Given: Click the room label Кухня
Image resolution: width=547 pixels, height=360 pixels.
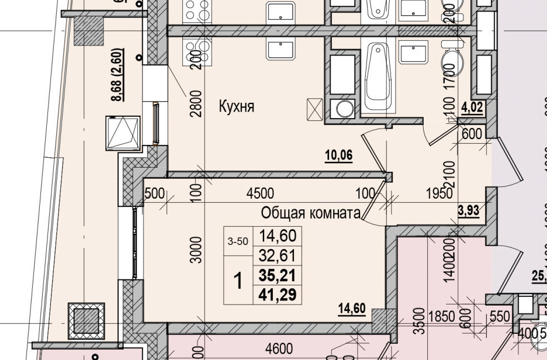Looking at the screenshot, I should (237, 106).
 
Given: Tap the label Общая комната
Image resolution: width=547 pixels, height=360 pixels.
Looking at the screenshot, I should (310, 213).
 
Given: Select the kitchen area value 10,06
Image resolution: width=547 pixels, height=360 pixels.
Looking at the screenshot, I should (339, 155).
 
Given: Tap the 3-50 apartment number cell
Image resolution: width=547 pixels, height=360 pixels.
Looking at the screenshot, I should (237, 240).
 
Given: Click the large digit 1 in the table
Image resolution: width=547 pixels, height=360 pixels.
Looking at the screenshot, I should (238, 282).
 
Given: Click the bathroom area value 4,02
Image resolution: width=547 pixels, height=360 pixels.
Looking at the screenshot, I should (473, 107).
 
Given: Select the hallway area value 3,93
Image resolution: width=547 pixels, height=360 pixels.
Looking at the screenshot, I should (468, 210).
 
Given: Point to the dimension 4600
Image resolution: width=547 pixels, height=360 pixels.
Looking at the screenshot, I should (279, 349).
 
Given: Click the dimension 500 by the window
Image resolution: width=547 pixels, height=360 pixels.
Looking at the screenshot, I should (155, 194).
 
